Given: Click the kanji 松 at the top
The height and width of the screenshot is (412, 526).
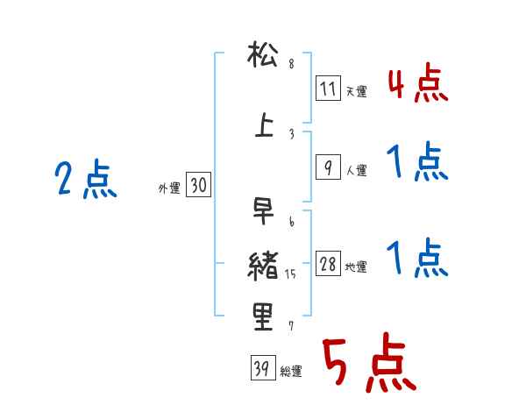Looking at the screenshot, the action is [x=263, y=59].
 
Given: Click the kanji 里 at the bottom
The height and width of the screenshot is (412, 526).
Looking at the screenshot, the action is [x=263, y=316].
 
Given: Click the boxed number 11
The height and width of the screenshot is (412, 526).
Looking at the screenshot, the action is [x=327, y=89].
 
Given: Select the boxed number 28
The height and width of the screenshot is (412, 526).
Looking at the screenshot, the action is [x=327, y=265].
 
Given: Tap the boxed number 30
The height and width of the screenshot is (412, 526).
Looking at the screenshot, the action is [x=198, y=185].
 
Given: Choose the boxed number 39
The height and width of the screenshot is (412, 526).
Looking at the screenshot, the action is [x=260, y=368].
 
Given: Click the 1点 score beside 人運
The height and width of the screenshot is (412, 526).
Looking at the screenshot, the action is [x=416, y=164].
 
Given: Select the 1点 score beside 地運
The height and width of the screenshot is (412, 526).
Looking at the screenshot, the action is [x=416, y=259].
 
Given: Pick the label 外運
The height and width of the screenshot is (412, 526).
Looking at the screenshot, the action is [x=168, y=188].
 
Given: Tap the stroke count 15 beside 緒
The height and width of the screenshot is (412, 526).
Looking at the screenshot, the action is [x=292, y=274].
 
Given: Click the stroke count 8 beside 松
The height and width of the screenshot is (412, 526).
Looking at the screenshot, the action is [x=291, y=64].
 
